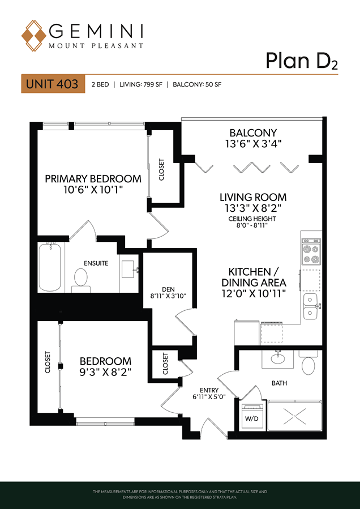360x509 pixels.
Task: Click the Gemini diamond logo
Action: click(33, 36)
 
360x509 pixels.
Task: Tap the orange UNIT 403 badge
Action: click(53, 84)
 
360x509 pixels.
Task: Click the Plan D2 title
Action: click(302, 61)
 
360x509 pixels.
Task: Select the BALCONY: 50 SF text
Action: click(197, 85)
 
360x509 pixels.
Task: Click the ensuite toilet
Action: click(81, 280)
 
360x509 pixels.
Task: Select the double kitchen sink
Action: click(311, 306)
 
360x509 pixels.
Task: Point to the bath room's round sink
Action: click(278, 359)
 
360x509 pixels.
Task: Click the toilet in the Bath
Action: click(308, 362)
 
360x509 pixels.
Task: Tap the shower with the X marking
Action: click(294, 416)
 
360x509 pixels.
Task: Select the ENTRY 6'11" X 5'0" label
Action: click(209, 393)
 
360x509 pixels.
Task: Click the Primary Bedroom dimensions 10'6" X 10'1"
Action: click(93, 189)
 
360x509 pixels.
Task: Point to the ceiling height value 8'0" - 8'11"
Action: click(252, 225)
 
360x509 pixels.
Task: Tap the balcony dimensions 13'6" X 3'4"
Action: click(253, 143)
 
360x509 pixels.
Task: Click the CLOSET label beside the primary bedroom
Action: click(161, 169)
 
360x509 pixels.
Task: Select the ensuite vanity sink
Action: click(130, 270)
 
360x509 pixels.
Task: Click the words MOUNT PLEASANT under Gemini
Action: click(96, 46)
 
